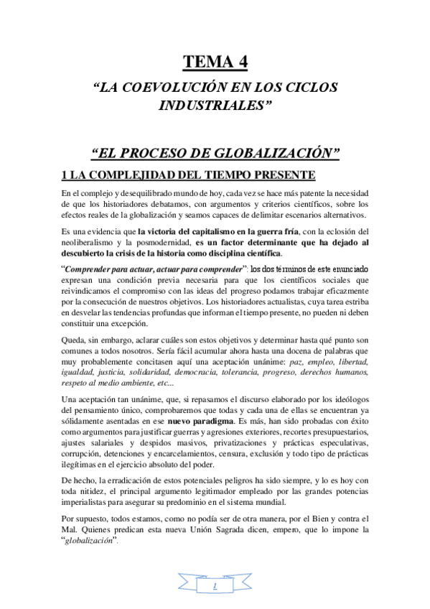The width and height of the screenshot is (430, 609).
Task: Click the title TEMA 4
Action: tap(215, 62)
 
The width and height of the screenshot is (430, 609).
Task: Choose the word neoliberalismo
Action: tap(90, 243)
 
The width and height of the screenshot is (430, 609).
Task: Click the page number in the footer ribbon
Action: tap(215, 587)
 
